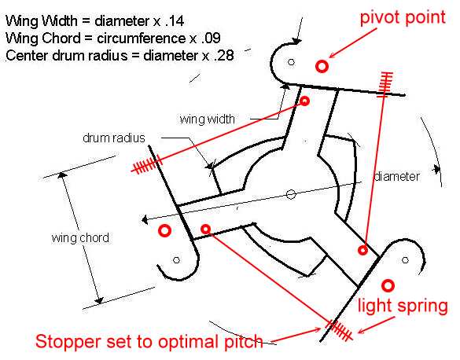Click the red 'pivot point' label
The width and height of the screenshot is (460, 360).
pyautogui.click(x=403, y=18)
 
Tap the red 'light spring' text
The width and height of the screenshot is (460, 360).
pyautogui.click(x=403, y=307)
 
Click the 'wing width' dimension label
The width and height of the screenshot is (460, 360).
pyautogui.click(x=207, y=119)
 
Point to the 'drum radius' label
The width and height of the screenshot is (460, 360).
pyautogui.click(x=114, y=138)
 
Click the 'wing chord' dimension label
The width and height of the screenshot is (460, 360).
pyautogui.click(x=80, y=237)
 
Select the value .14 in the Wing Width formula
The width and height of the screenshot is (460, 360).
pyautogui.click(x=175, y=21)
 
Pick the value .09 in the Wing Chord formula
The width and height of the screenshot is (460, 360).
pyautogui.click(x=212, y=38)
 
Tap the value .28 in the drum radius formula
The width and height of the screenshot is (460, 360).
pyautogui.click(x=224, y=55)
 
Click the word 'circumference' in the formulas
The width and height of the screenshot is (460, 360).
pyautogui.click(x=142, y=38)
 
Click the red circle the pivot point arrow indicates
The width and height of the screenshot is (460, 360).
pyautogui.click(x=322, y=66)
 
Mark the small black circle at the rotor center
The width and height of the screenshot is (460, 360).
pyautogui.click(x=291, y=194)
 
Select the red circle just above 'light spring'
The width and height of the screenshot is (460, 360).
pyautogui.click(x=388, y=285)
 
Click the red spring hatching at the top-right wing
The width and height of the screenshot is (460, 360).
pyautogui.click(x=385, y=84)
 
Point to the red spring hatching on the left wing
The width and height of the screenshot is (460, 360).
pyautogui.click(x=146, y=165)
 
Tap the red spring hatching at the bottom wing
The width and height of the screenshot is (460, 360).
pyautogui.click(x=339, y=330)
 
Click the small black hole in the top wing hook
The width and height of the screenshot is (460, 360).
pyautogui.click(x=291, y=62)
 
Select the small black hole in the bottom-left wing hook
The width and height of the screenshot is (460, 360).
pyautogui.click(x=176, y=260)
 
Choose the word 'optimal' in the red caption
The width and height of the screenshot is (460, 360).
pyautogui.click(x=187, y=342)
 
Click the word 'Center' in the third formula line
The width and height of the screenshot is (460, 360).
pyautogui.click(x=28, y=55)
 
